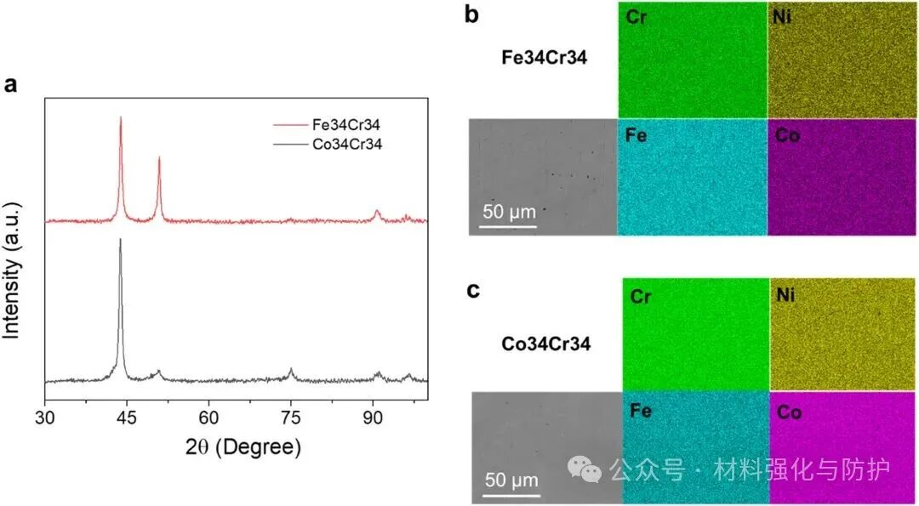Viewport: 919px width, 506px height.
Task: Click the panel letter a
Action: click(x=11, y=85)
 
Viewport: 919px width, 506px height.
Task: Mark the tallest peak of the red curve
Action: click(x=121, y=118)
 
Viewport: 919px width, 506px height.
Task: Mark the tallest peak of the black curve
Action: click(x=120, y=240)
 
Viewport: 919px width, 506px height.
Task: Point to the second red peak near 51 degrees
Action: click(x=159, y=158)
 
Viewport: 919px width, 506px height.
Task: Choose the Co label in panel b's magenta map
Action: click(x=787, y=134)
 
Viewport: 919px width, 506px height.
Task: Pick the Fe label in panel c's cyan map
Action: click(x=642, y=411)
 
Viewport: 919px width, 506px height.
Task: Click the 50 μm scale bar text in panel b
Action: click(x=508, y=212)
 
